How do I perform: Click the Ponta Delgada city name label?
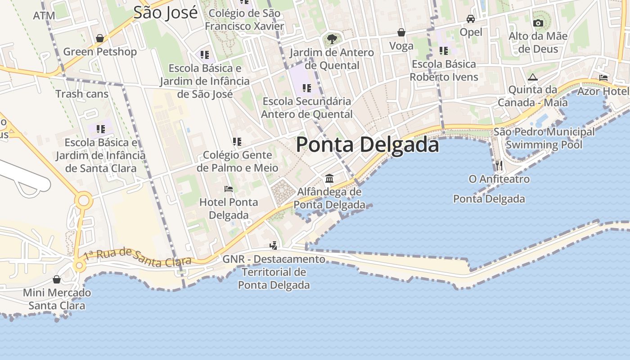tap(367, 145)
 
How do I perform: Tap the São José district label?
tap(165, 13)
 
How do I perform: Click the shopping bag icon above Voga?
tap(401, 32)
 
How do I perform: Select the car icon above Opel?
tap(471, 19)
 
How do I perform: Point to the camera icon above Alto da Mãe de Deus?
tap(538, 23)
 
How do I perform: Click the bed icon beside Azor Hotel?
tap(603, 78)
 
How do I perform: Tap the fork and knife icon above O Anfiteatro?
tap(499, 165)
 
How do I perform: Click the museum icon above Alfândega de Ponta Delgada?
tap(329, 179)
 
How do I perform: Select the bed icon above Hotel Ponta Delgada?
tap(229, 189)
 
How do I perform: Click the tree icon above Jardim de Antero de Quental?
tap(332, 39)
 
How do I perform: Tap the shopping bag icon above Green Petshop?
tap(100, 38)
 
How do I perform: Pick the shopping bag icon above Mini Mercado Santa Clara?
tap(57, 279)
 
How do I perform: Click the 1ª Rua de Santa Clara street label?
tap(138, 257)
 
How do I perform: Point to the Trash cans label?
tap(82, 94)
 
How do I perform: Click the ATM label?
tap(44, 16)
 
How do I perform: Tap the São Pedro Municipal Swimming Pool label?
tap(544, 138)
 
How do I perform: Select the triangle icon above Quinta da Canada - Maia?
tap(533, 77)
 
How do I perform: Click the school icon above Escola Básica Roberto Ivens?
tap(444, 51)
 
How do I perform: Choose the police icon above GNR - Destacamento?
tap(273, 246)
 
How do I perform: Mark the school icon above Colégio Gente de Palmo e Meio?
tap(237, 142)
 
